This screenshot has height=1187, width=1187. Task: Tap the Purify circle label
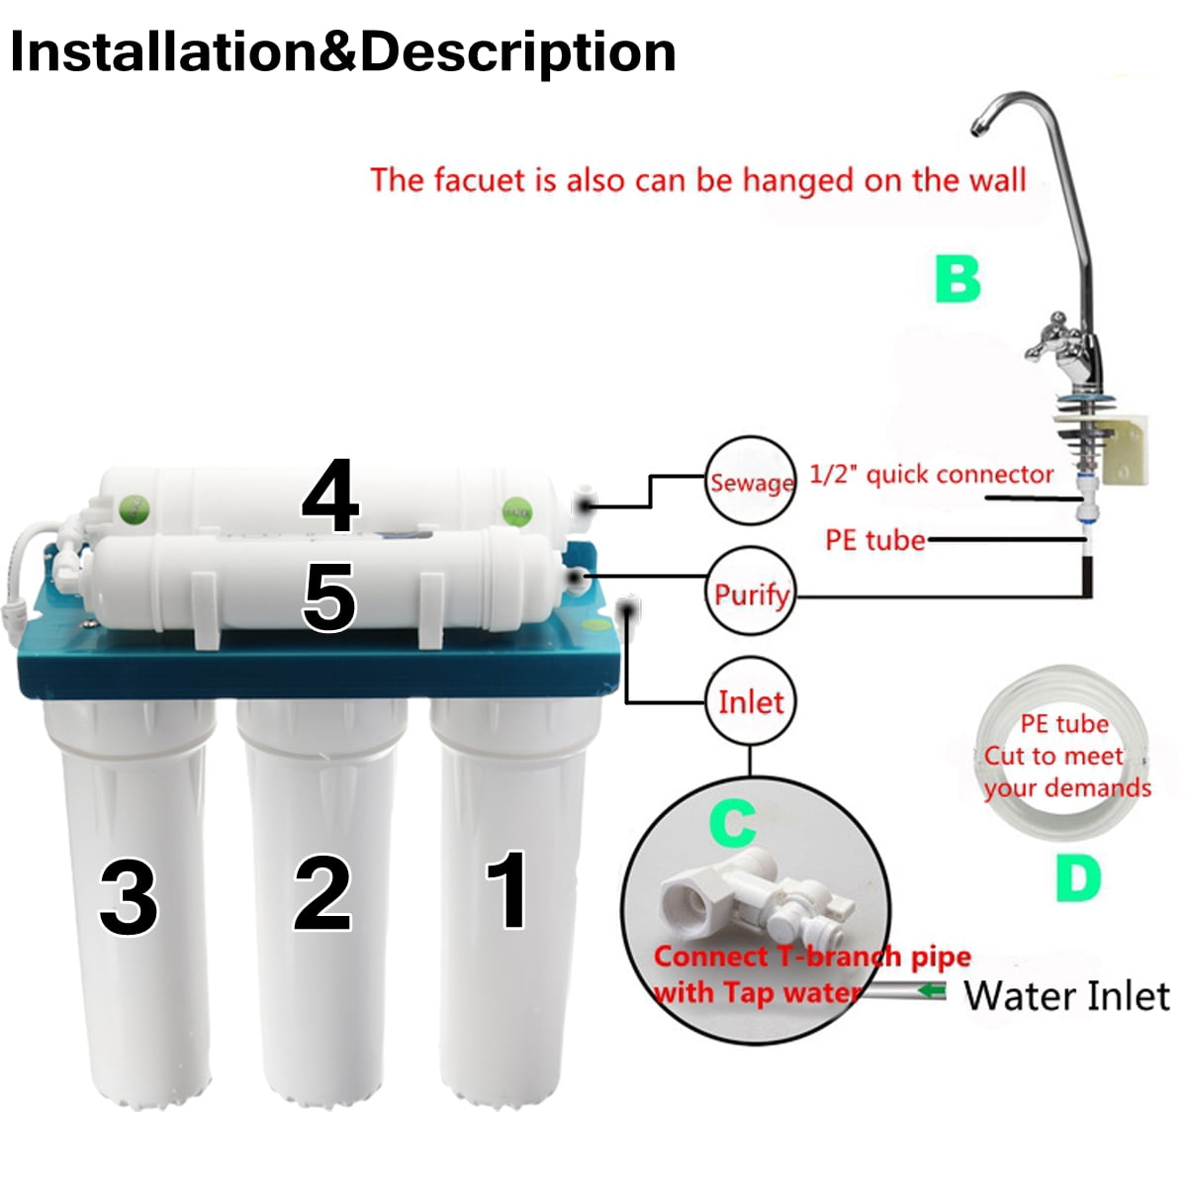(751, 593)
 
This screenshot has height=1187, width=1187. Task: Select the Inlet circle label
(751, 702)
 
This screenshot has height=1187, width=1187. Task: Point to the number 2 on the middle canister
(322, 894)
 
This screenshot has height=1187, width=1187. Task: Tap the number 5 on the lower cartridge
(328, 598)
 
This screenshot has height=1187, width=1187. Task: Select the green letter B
(958, 279)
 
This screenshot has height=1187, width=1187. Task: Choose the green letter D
(1077, 876)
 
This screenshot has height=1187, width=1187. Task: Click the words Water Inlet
(1066, 995)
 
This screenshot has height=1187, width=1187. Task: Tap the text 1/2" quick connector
(931, 475)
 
